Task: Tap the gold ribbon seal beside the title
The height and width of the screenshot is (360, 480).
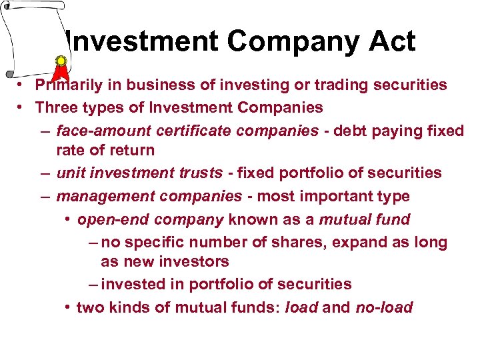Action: (x=61, y=62)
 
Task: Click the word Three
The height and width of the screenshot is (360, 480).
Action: (x=55, y=107)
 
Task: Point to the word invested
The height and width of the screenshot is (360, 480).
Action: (x=134, y=284)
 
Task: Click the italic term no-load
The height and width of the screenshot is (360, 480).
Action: (x=385, y=307)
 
